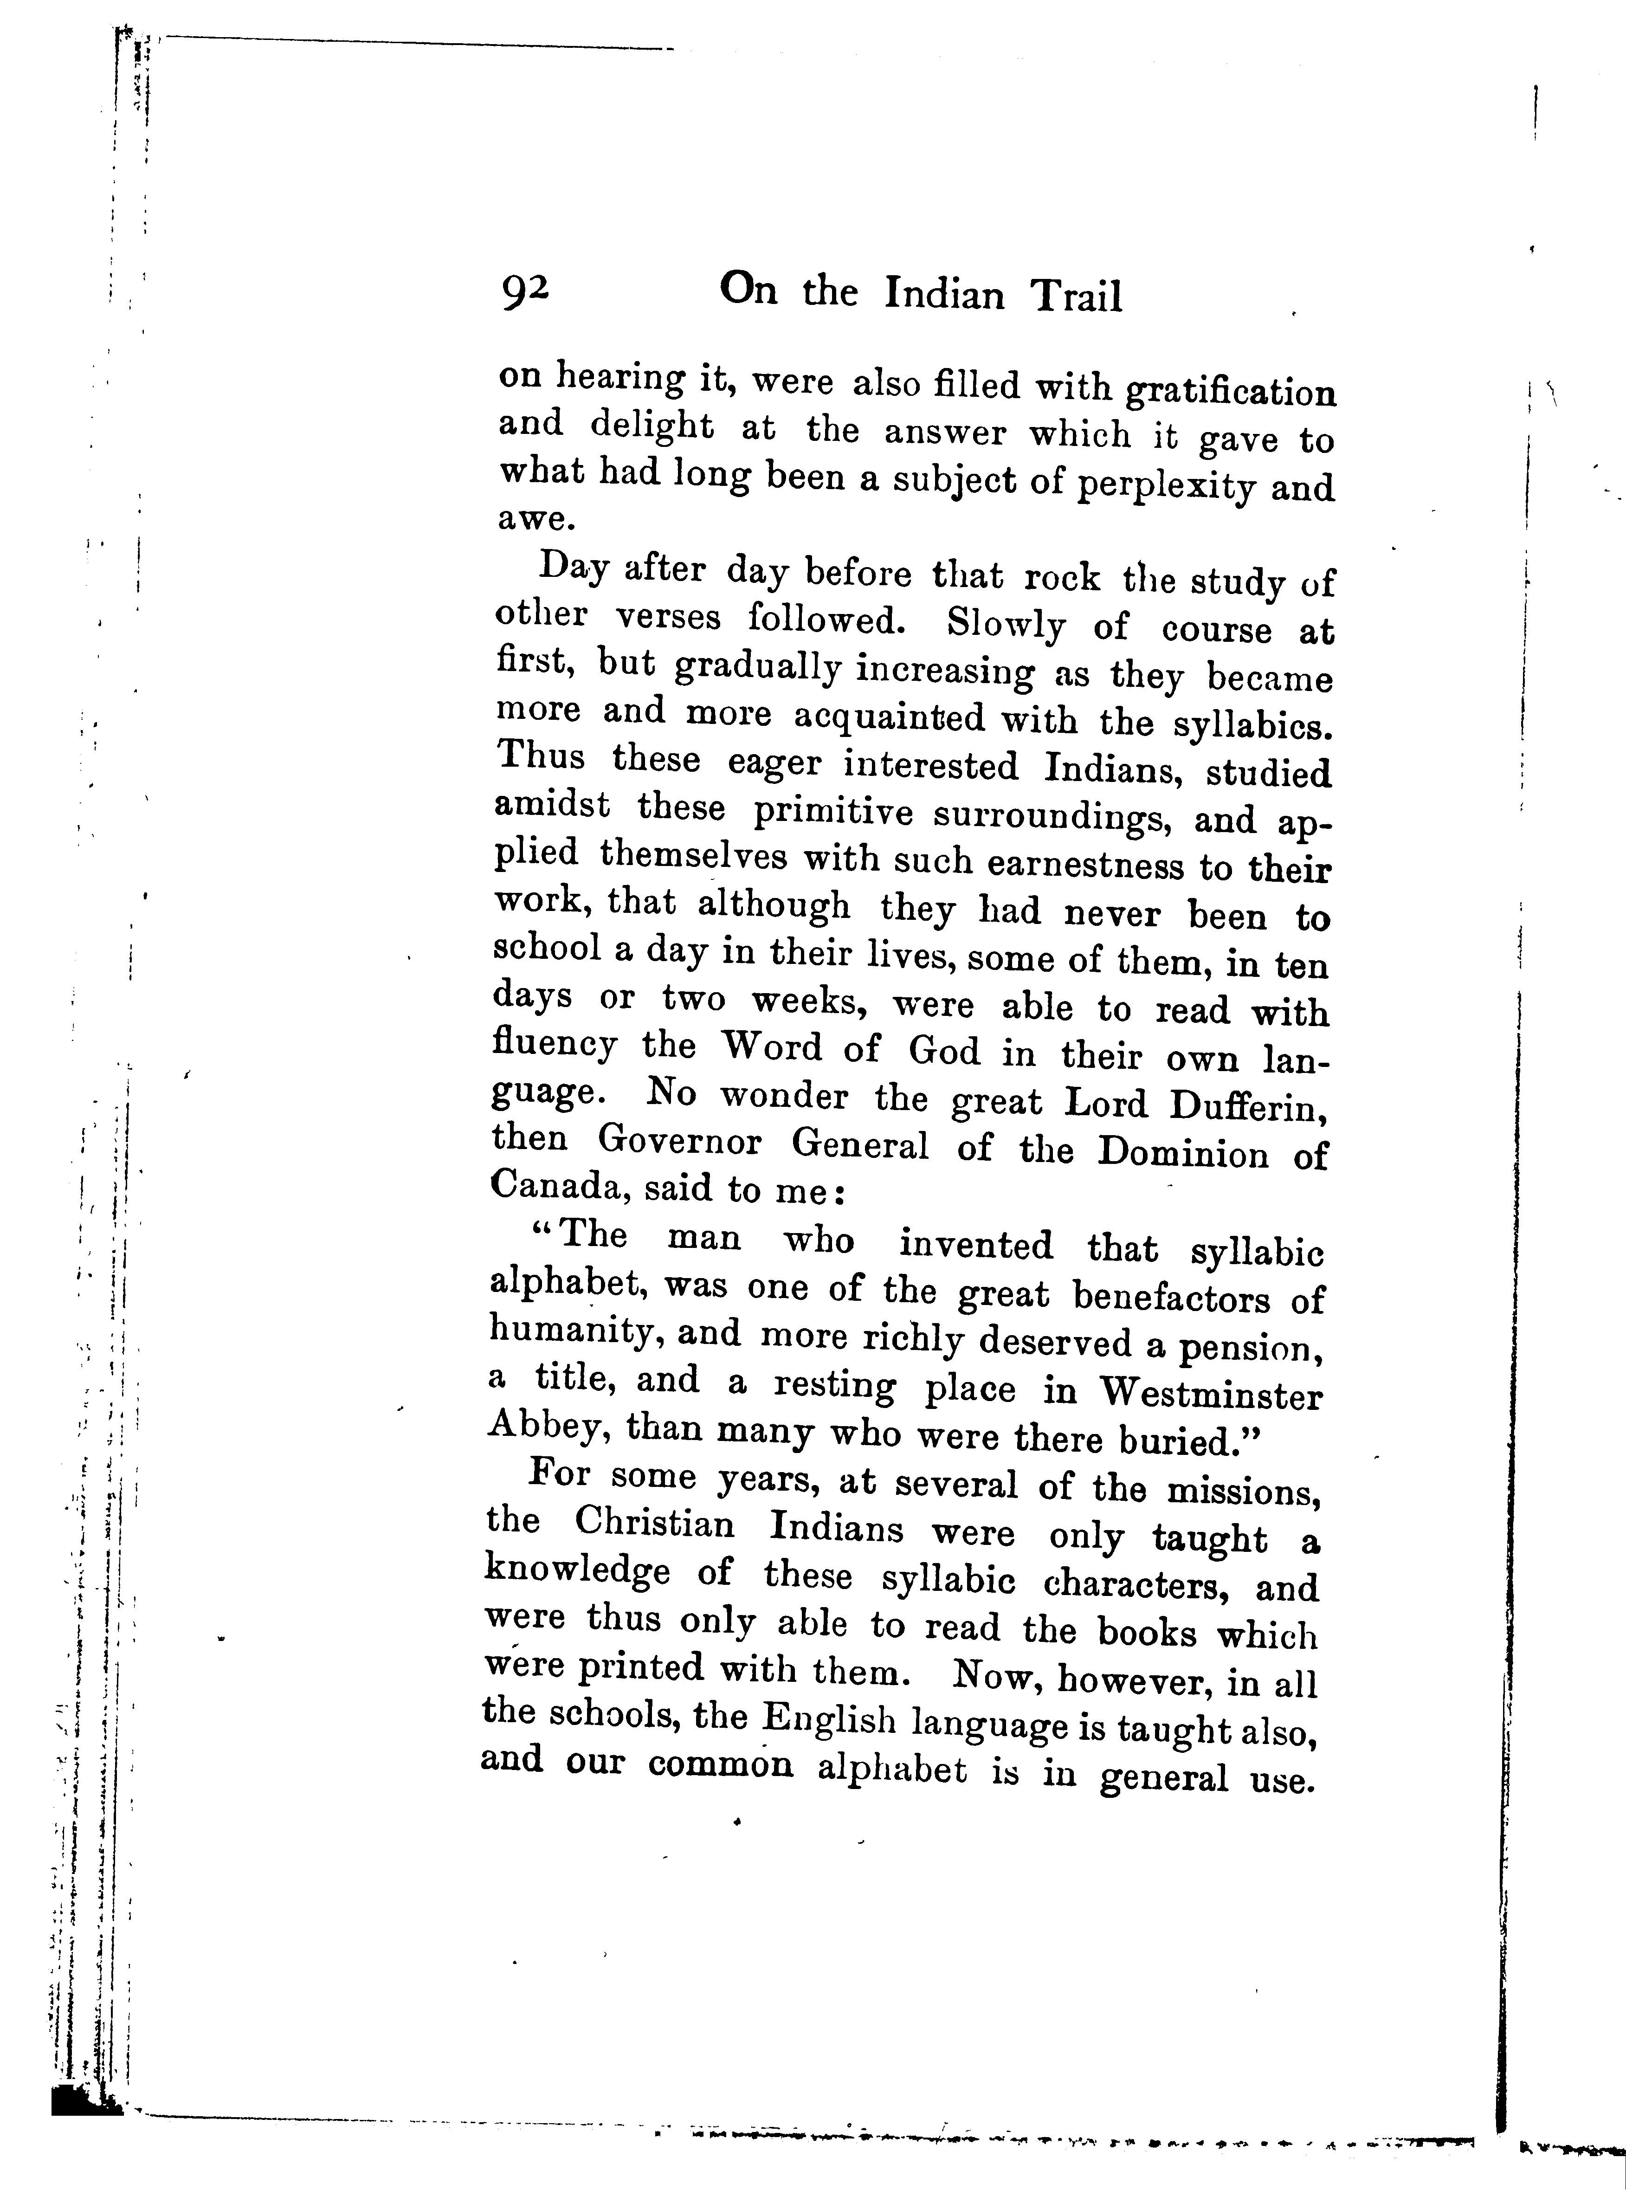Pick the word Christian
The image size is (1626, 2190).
pyautogui.click(x=655, y=1525)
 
